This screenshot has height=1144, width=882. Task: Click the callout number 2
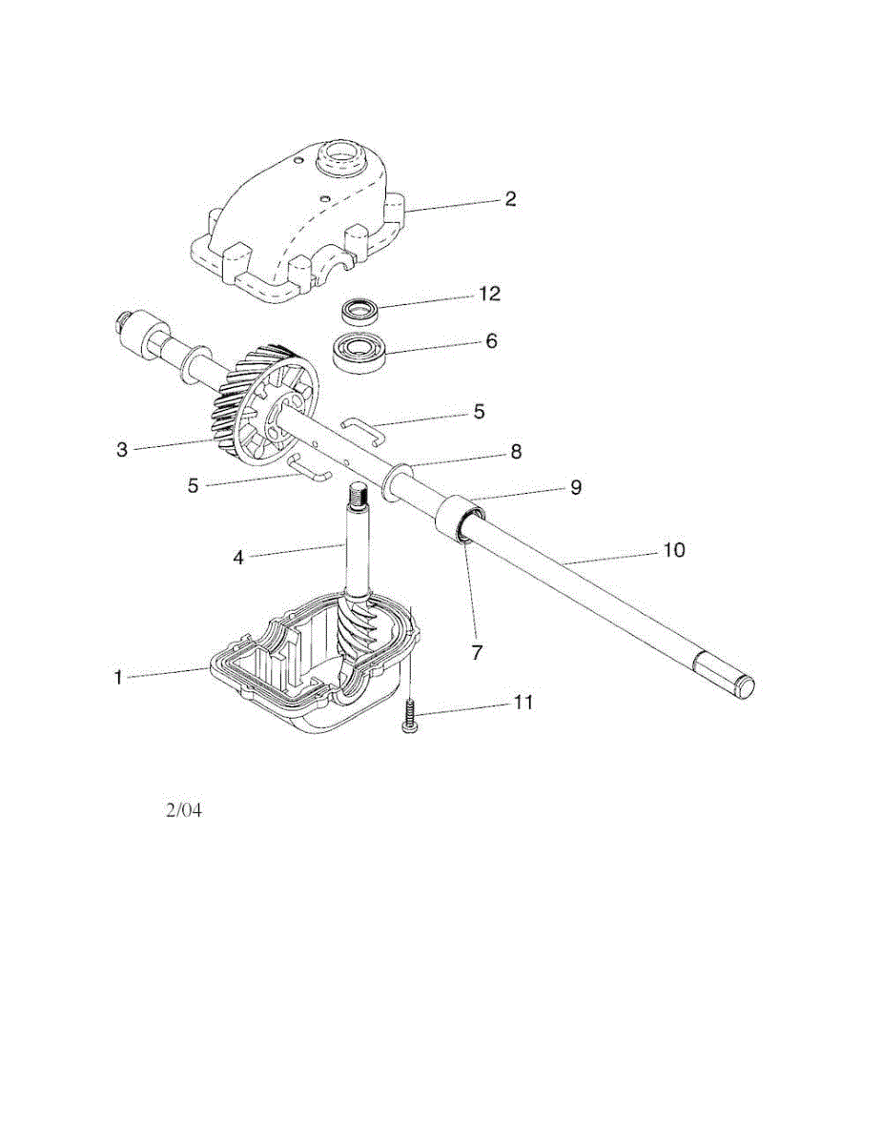[510, 199]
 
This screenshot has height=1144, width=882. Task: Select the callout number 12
[489, 294]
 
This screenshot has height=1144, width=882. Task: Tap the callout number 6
[491, 340]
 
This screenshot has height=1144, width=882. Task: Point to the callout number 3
[121, 449]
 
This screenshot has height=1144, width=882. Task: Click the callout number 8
[516, 452]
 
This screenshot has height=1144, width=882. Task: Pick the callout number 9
[575, 487]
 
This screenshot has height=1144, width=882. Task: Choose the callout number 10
[673, 551]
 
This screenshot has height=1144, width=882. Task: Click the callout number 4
[238, 556]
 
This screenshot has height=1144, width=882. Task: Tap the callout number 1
[119, 677]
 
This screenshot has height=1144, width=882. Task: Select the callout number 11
[523, 703]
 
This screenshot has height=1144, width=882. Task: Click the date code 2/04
[185, 811]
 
